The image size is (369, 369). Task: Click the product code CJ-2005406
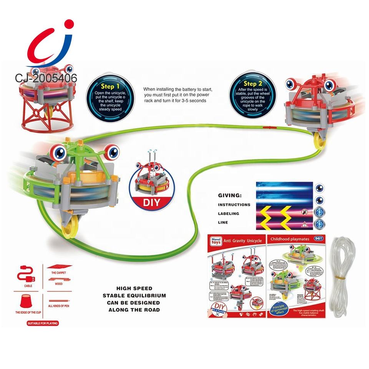[x=46, y=78]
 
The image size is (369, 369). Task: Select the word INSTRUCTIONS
[x=234, y=205]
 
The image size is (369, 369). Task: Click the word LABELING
[x=228, y=214]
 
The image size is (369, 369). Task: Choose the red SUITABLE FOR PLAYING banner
[x=42, y=324]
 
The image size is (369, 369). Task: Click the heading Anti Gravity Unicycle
[x=243, y=241]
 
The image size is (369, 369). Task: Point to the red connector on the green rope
[x=268, y=126]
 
